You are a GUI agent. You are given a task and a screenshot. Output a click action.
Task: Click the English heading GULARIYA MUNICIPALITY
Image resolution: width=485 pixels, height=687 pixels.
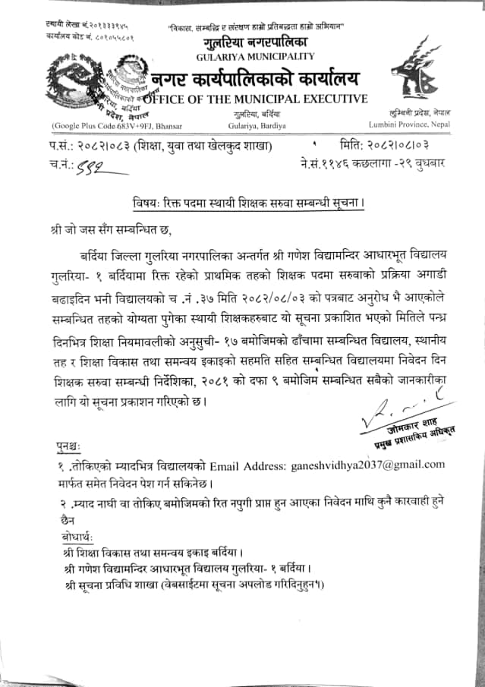point(255,56)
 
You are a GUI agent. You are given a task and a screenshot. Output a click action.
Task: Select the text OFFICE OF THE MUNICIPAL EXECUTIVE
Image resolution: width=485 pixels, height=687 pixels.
point(255,99)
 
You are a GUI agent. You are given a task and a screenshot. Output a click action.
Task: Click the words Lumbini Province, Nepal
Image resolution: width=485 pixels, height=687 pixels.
point(409,123)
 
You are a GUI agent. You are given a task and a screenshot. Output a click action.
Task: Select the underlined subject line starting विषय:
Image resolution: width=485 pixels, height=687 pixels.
point(243,202)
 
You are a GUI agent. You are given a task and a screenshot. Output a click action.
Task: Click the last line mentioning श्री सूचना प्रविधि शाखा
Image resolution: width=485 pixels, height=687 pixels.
point(191,585)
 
